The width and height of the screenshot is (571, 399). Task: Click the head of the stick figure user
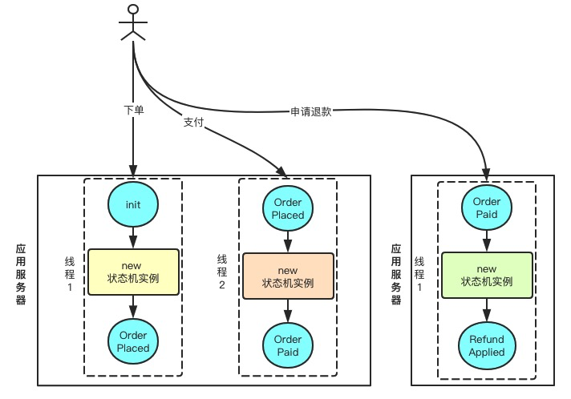pos(133,10)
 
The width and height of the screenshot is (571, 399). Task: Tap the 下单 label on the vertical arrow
pos(134,110)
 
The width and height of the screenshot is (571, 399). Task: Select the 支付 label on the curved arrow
pos(194,123)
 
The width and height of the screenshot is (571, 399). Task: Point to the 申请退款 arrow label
pos(311,111)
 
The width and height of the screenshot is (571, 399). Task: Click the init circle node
pos(133,204)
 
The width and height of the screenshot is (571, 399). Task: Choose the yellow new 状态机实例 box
pos(134,272)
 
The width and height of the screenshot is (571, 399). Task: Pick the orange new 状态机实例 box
pos(289,276)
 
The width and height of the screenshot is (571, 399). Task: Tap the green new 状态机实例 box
pos(488,276)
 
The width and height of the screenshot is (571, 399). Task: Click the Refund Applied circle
pos(487,345)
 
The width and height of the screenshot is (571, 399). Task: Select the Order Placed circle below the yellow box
pos(133,341)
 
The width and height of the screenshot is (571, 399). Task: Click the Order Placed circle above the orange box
pos(288,208)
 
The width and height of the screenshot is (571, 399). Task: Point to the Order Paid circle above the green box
pos(487,208)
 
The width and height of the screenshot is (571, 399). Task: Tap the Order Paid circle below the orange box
pos(288,345)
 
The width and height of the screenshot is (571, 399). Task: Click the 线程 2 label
pos(222,272)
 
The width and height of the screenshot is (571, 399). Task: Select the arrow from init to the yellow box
pos(133,238)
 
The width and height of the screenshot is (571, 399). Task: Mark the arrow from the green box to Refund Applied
pos(487,310)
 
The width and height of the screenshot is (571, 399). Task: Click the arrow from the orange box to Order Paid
pos(288,311)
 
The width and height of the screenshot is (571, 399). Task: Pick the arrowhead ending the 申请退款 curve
pos(486,175)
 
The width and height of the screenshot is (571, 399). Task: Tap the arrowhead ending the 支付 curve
pos(281,171)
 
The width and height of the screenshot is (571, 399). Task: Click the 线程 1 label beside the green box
pos(419,274)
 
